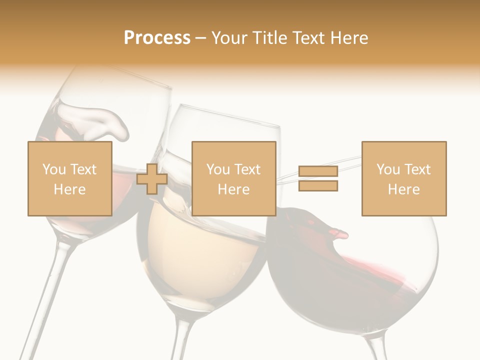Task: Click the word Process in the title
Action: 157,38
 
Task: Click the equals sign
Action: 318,179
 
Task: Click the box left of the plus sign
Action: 70,178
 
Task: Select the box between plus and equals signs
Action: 233,178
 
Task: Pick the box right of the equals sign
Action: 403,178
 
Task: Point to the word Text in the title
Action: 308,38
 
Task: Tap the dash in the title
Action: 201,38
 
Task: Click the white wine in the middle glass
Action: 210,250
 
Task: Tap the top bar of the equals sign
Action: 318,172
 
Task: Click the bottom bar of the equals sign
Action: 318,186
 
